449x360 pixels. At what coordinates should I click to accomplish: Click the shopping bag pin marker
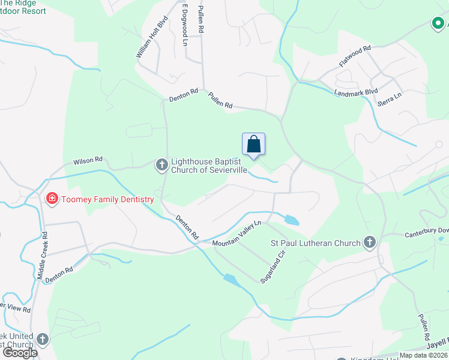pyautogui.click(x=253, y=145)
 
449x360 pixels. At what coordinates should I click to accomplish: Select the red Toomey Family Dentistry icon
pyautogui.click(x=52, y=197)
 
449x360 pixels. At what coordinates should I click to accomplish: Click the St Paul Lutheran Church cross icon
pyautogui.click(x=370, y=243)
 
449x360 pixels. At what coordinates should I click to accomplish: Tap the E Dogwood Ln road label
pyautogui.click(x=185, y=26)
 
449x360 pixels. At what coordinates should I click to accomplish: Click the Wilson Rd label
pyautogui.click(x=88, y=161)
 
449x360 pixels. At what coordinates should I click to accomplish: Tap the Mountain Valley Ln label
pyautogui.click(x=237, y=233)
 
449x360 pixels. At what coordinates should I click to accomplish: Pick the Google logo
pyautogui.click(x=20, y=353)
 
